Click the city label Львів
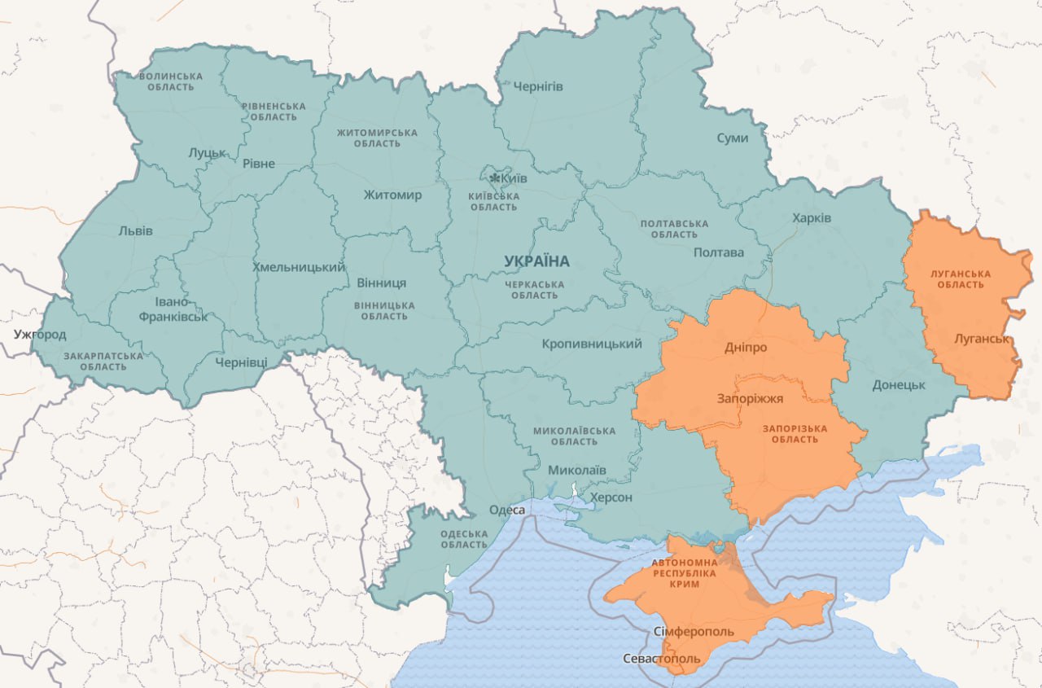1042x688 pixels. pos(135,230)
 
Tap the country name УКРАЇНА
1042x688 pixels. pos(536,261)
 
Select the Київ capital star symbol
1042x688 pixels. pos(494,177)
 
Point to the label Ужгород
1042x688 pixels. pos(40,335)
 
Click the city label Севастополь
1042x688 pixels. pos(660,658)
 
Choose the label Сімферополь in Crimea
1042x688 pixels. pos(694,632)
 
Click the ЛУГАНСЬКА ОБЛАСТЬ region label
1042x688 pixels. pos(961,279)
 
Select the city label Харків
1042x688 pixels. pos(812,218)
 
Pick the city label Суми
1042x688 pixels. pos(732,138)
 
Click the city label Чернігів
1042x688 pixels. pos(537,86)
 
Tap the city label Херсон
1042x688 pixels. pos(611,497)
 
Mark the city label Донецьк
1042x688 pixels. pos(899,384)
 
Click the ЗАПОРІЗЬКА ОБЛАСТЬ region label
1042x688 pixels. pos(795,434)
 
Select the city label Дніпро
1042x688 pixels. pos(746,348)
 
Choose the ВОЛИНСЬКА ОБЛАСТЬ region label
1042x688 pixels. pos(171,81)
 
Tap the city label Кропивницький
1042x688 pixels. pos(592,344)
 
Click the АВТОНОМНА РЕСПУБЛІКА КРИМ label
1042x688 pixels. pos(684,573)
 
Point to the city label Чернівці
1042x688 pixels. pos(241,362)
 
